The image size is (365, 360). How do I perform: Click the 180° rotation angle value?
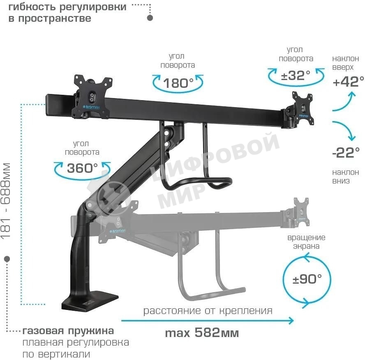coord(178,83)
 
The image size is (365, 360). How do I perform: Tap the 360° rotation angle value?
coord(82,168)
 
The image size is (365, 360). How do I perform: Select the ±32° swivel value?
coord(296,75)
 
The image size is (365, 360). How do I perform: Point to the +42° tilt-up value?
coord(348,82)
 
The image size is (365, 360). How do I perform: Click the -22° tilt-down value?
coord(346,153)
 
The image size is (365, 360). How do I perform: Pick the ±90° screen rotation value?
coord(307,279)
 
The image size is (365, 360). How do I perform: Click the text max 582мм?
coord(202,333)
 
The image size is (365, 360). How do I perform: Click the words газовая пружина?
coord(68,331)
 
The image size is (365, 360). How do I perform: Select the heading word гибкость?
coord(32,7)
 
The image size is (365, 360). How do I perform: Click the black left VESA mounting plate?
coord(92,97)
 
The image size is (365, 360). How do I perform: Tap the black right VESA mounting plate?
coord(302,109)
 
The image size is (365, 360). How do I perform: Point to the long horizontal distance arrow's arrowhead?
coord(291,321)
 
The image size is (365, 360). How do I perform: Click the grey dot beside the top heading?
coord(150,18)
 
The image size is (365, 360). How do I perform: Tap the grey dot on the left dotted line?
coord(7,259)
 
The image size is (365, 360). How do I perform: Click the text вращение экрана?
coord(306,242)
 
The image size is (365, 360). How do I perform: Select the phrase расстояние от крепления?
coord(208,310)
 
